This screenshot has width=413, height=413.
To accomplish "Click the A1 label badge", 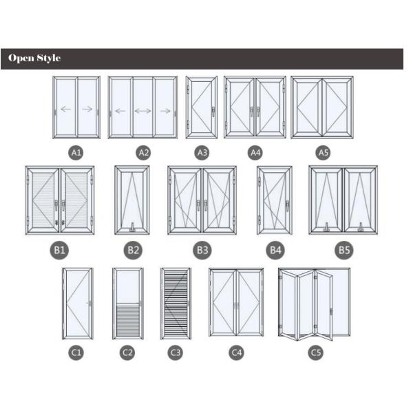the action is [76, 153].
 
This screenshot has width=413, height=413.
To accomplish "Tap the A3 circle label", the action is [202, 153].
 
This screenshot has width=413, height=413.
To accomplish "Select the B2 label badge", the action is [133, 250].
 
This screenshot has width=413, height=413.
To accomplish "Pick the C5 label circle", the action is [315, 352].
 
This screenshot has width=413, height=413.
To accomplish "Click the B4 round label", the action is [275, 250].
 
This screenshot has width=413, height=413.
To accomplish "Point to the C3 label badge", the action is [175, 352].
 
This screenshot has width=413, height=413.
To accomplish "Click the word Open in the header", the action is [21, 59].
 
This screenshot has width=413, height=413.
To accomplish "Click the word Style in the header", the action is [49, 59].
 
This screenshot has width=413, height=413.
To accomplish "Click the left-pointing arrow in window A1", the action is [66, 109].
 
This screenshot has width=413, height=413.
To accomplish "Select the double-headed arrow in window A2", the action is [142, 111].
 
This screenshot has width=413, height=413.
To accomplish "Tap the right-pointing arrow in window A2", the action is [165, 111].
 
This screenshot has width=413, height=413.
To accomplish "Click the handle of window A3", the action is [213, 112].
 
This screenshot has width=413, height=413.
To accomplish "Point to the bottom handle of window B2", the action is [132, 227].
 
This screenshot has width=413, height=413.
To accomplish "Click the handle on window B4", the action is [287, 206].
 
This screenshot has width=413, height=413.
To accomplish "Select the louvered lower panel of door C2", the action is [128, 320].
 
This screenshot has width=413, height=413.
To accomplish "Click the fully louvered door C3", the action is [176, 304].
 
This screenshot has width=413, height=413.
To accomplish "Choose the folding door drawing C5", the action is [315, 304].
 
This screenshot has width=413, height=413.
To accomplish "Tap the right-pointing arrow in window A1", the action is [87, 109].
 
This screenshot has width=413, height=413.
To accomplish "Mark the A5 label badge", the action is [324, 153].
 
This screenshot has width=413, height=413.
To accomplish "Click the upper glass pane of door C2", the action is [128, 286].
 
